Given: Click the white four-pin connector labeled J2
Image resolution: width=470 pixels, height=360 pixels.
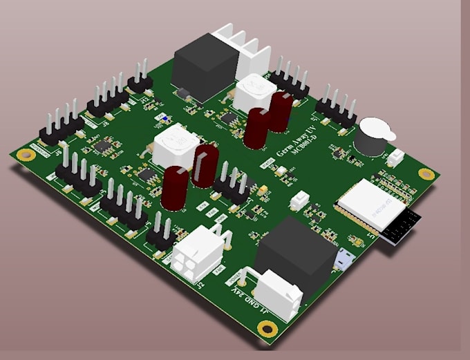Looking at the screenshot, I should click(200, 252).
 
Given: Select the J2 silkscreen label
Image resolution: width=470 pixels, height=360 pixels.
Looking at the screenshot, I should click(201, 281).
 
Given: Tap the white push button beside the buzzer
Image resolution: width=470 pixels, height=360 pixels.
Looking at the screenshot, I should click(396, 158).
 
